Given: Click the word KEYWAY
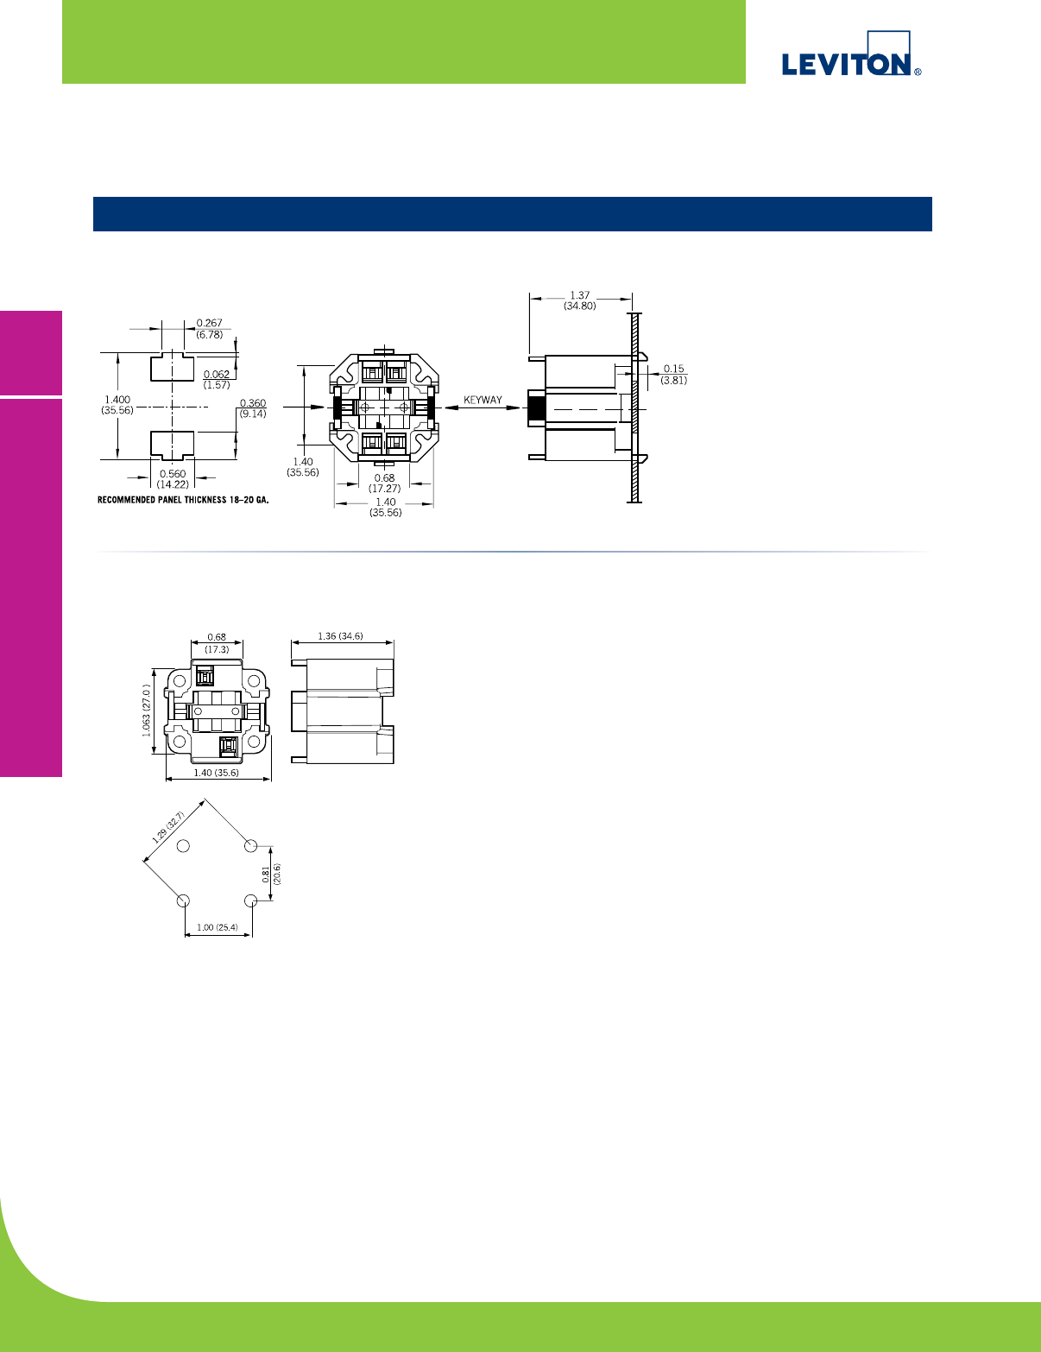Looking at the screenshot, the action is point(483,400).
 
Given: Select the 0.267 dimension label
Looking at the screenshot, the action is point(210,323).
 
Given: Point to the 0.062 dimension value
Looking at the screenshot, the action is point(217,374).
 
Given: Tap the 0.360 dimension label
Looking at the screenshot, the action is point(253,403).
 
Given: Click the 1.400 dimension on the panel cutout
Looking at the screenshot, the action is point(117,400).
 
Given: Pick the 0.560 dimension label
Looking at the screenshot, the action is point(173,473).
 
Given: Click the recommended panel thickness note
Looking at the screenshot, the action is point(184,500).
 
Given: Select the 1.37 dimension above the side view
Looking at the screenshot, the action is point(579,295).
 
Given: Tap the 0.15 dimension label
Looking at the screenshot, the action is point(673,369).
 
